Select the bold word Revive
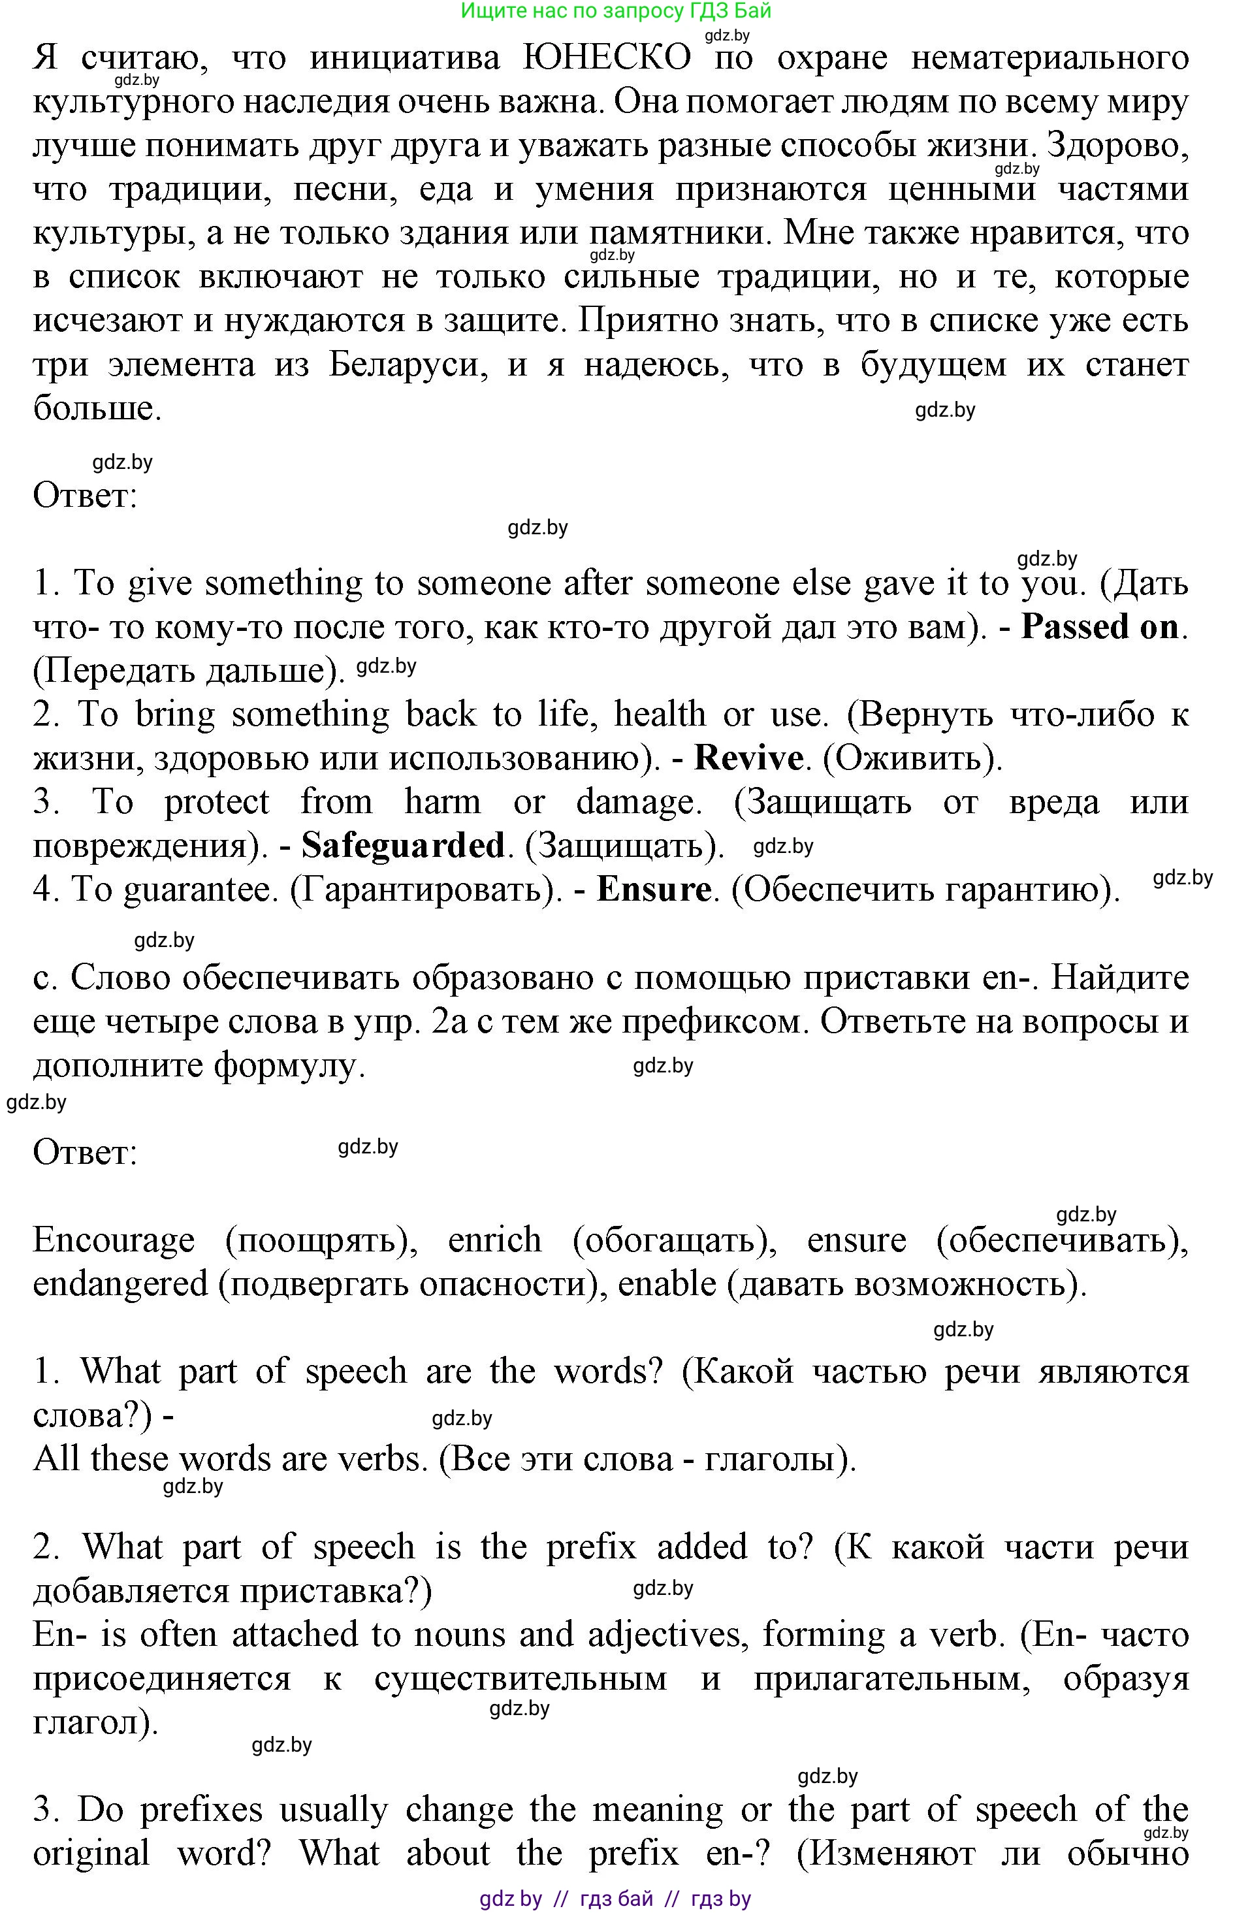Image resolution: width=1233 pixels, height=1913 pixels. coord(748,758)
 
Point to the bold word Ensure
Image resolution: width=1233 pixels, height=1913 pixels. coord(653,890)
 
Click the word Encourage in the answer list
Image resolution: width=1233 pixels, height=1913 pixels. coord(114,1240)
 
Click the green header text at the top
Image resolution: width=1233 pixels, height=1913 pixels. coord(616,11)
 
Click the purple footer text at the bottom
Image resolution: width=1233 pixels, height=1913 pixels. coord(616,1898)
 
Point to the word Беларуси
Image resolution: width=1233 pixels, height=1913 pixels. coord(408,365)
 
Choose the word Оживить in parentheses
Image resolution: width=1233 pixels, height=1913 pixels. coord(911,758)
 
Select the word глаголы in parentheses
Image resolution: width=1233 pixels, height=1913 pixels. coord(772,1459)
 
